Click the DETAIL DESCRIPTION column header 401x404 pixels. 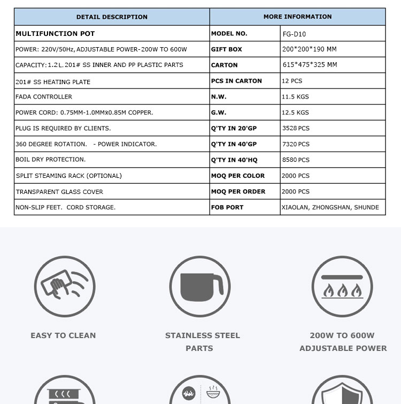click(x=112, y=17)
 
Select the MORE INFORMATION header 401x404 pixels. click(x=297, y=17)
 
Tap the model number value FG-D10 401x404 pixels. click(x=294, y=34)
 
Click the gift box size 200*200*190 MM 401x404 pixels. click(x=310, y=49)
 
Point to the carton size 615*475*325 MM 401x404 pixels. click(x=310, y=65)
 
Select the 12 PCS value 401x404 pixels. click(x=292, y=81)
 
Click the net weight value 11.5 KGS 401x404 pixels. click(x=295, y=97)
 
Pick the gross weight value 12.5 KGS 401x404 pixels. click(x=295, y=113)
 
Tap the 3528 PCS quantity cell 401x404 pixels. click(x=296, y=129)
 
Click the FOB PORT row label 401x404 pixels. click(x=227, y=207)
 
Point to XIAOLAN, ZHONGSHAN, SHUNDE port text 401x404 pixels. click(x=330, y=207)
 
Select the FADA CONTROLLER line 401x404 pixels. click(x=44, y=97)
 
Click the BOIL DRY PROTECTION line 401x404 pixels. click(x=51, y=160)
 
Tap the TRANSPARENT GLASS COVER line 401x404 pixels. click(x=59, y=192)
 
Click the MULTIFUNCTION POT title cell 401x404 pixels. click(x=55, y=34)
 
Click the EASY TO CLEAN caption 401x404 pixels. click(x=63, y=335)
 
